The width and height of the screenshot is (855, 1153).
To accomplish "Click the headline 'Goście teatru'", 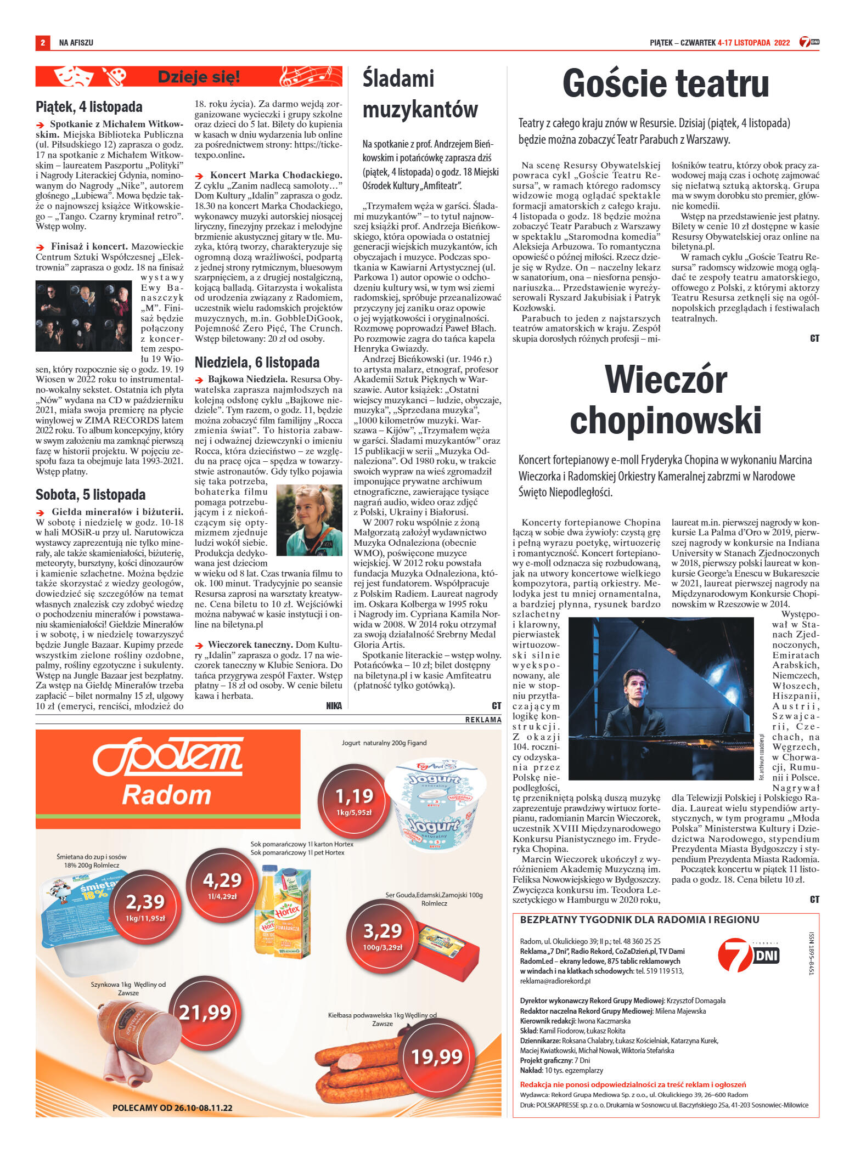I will coord(665,84).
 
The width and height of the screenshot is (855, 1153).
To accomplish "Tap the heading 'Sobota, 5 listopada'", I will coord(91,494).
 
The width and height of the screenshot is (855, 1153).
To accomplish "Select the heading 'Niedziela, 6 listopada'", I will coord(257,362).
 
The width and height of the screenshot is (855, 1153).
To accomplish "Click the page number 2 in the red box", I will coord(42,42).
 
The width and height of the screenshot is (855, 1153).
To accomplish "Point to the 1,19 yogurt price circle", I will coord(354,799).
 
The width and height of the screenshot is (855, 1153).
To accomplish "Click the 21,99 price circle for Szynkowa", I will coord(204,1012).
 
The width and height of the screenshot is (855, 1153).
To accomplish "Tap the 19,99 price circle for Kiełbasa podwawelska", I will coord(437,1056).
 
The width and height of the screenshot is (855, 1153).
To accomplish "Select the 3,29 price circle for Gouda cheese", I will coord(383,935).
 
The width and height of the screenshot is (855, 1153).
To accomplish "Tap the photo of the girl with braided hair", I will coord(308,519).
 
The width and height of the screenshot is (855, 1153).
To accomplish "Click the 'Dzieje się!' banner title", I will coord(199,77).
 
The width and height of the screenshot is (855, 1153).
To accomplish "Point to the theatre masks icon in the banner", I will coord(74,76).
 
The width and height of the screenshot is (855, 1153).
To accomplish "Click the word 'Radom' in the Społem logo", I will coord(166,795).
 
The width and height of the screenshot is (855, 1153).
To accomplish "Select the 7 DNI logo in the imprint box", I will coord(748,955).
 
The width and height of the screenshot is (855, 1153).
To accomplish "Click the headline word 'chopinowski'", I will coord(665,421).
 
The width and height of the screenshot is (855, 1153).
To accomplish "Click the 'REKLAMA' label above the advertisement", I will coord(483,719).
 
